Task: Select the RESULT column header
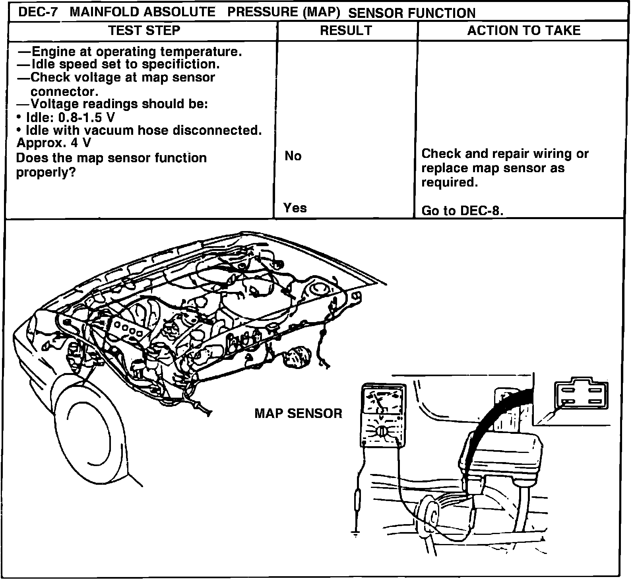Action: tap(346, 31)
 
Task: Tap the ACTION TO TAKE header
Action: tap(524, 31)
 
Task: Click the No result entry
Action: tap(293, 156)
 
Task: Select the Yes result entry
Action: tap(295, 208)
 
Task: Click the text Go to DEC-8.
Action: tap(462, 210)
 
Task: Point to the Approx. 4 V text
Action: tap(53, 142)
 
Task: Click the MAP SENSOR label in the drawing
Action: tap(298, 414)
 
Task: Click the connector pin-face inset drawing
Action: tap(582, 396)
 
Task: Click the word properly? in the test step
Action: tap(46, 173)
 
